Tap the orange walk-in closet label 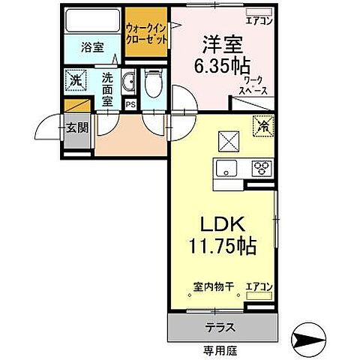[x=146, y=32]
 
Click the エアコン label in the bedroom [x=259, y=21]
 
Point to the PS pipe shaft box [x=130, y=104]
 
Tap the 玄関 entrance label [x=76, y=127]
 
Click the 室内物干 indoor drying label [x=212, y=286]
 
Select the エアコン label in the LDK [x=259, y=286]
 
